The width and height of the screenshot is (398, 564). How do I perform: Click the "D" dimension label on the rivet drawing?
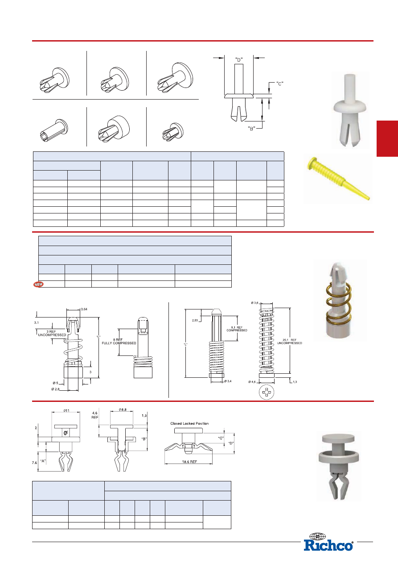(x=239, y=60)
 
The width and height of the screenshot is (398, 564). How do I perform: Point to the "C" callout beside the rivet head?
(x=279, y=84)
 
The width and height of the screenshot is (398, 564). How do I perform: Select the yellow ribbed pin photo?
(x=338, y=179)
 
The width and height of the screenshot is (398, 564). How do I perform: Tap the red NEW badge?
(x=38, y=284)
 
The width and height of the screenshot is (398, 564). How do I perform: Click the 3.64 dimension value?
(x=84, y=309)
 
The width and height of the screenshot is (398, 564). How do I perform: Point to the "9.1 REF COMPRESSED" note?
(x=237, y=329)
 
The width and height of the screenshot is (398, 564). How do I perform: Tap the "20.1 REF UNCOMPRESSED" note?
(x=289, y=342)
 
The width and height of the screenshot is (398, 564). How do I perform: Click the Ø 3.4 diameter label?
(x=228, y=381)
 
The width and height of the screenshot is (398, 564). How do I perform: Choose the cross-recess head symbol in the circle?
(x=267, y=392)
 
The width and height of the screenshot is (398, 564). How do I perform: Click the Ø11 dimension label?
(x=66, y=411)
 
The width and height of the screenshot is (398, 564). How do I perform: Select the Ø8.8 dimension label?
(x=123, y=409)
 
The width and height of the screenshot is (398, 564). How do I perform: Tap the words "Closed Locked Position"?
(x=189, y=423)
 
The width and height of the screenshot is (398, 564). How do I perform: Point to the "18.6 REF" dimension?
(x=189, y=462)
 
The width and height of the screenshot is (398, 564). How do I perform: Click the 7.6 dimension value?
(x=34, y=463)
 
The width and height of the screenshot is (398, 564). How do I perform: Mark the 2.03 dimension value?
(x=195, y=321)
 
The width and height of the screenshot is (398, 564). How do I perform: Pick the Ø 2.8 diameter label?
(x=55, y=389)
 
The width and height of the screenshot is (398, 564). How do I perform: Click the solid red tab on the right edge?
(x=387, y=138)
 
